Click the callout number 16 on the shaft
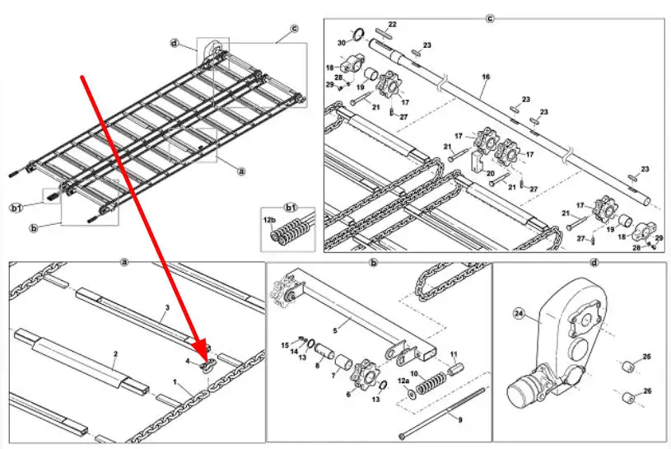[x=486, y=77]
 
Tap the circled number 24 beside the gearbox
[x=519, y=314]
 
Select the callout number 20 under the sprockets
[x=491, y=173]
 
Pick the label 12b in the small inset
[x=269, y=220]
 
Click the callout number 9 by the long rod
[x=460, y=420]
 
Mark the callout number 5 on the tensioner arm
[x=335, y=330]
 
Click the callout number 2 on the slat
[x=115, y=354]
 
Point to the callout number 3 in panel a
[x=167, y=307]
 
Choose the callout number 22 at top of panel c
[x=393, y=25]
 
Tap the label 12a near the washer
[x=403, y=381]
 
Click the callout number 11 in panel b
[x=454, y=354]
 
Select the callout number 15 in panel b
[x=285, y=345]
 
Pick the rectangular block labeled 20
[x=478, y=160]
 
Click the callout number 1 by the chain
[x=175, y=381]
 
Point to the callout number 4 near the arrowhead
[x=188, y=362]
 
